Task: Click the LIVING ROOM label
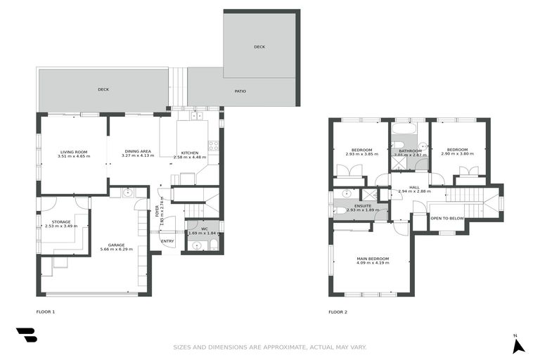(73, 152)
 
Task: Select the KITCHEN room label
(190, 153)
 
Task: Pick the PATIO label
(240, 91)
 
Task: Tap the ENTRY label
(167, 241)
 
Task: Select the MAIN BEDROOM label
(373, 259)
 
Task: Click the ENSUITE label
(364, 205)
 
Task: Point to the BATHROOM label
(410, 150)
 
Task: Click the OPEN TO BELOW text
(447, 219)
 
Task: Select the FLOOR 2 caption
(337, 311)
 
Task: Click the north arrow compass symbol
(518, 345)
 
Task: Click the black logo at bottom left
(26, 335)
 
